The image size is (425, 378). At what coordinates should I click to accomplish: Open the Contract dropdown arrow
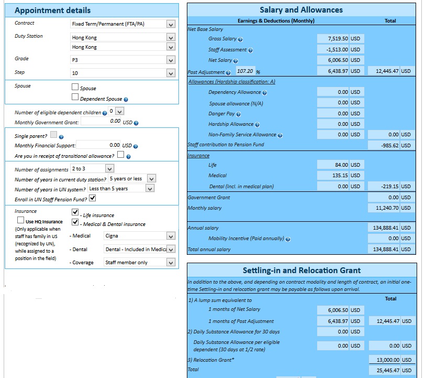click(170, 24)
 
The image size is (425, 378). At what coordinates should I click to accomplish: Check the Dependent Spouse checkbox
click(75, 97)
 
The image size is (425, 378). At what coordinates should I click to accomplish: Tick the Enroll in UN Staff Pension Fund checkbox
click(92, 198)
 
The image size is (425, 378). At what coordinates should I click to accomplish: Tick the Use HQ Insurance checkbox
click(21, 221)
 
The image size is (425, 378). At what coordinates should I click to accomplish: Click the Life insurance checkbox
click(75, 212)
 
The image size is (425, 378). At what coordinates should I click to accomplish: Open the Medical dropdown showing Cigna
click(138, 236)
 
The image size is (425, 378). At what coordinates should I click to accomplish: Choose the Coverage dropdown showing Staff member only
click(138, 262)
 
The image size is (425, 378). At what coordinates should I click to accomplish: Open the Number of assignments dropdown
click(92, 169)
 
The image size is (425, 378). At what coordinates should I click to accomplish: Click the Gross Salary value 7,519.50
click(339, 39)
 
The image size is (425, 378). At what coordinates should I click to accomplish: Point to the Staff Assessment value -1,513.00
click(339, 50)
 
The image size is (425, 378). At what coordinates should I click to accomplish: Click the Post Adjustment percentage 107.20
click(244, 71)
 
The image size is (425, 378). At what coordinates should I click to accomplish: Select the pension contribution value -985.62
click(389, 146)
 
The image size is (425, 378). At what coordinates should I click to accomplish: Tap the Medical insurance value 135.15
click(339, 176)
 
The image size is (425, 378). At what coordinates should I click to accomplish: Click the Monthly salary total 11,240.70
click(389, 208)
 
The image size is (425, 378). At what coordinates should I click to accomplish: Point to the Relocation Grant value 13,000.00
click(389, 360)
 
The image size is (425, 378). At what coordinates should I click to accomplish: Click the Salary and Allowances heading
click(301, 10)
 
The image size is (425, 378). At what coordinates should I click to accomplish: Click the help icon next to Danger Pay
click(238, 114)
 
